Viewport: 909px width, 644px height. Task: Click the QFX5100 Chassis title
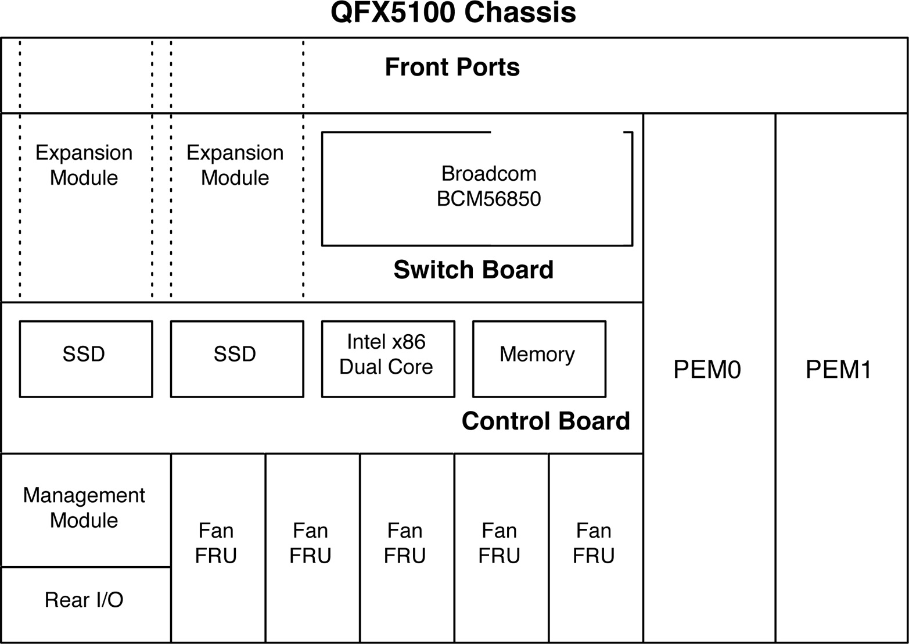453,13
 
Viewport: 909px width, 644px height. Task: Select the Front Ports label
452,67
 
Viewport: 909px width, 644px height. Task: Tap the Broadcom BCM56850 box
476,188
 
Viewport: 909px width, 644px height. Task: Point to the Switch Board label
473,270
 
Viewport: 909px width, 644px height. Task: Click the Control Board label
545,421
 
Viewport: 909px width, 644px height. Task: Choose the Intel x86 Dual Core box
387,359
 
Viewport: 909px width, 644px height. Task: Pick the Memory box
538,359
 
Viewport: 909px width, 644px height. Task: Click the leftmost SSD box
85,359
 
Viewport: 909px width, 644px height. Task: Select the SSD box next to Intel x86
236,359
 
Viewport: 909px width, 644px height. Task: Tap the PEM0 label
707,370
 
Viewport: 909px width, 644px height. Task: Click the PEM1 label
838,370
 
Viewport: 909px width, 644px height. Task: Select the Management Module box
85,509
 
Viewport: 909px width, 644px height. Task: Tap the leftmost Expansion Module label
84,165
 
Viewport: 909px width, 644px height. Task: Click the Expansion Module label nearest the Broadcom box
235,165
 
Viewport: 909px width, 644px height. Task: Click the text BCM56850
488,199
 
